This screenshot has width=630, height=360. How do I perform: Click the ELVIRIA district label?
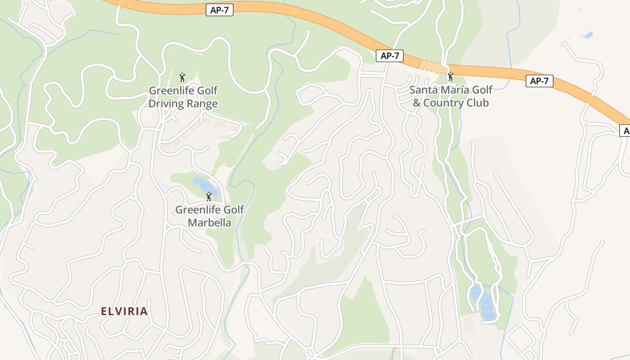pyautogui.click(x=124, y=311)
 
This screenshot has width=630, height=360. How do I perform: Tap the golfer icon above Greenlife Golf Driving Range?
pyautogui.click(x=182, y=77)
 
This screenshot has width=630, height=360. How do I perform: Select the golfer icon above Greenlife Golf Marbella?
pyautogui.click(x=208, y=197)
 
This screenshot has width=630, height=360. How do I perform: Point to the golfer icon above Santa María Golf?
pyautogui.click(x=450, y=76)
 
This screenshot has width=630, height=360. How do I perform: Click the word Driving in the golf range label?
pyautogui.click(x=166, y=104)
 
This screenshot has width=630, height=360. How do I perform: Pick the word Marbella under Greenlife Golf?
pyautogui.click(x=209, y=223)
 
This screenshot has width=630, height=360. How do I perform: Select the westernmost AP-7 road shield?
pyautogui.click(x=220, y=10)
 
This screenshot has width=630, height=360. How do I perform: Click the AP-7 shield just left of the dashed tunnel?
pyautogui.click(x=390, y=56)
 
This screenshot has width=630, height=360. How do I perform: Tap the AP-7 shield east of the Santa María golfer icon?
pyautogui.click(x=539, y=81)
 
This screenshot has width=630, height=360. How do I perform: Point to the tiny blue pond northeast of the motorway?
pyautogui.click(x=588, y=35)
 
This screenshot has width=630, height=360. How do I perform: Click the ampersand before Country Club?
pyautogui.click(x=417, y=103)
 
